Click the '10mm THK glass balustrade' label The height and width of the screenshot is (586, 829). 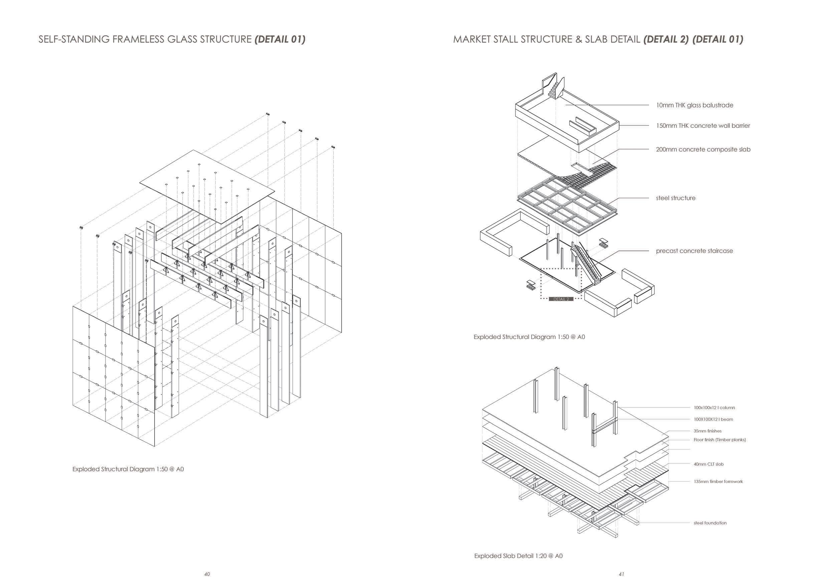(694, 105)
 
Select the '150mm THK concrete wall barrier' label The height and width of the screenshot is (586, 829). (702, 126)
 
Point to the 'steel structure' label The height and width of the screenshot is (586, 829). (675, 198)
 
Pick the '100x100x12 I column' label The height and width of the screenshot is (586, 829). (714, 408)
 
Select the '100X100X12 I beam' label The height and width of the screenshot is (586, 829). (713, 419)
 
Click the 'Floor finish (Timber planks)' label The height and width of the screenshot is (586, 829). (719, 440)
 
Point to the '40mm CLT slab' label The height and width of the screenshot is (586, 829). (708, 465)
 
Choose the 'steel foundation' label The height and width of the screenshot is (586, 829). (710, 523)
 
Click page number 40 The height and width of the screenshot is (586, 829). (207, 574)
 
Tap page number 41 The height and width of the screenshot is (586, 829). (621, 574)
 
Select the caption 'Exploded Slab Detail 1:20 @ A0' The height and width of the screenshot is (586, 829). (518, 556)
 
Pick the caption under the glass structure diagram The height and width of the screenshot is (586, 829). (128, 470)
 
